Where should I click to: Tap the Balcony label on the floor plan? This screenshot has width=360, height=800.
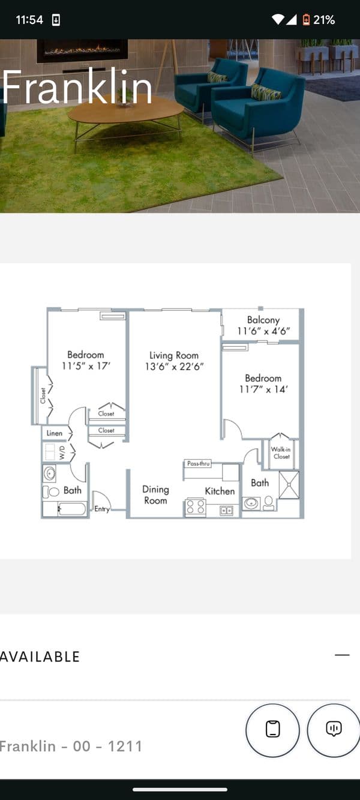pyautogui.click(x=263, y=320)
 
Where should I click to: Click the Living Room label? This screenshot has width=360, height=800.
pyautogui.click(x=174, y=355)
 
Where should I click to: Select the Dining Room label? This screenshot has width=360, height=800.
pyautogui.click(x=155, y=495)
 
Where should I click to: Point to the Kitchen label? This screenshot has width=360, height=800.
pyautogui.click(x=220, y=491)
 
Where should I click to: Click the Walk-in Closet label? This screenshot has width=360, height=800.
pyautogui.click(x=281, y=453)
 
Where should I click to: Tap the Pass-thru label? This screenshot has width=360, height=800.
pyautogui.click(x=198, y=463)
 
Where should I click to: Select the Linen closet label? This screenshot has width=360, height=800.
pyautogui.click(x=54, y=433)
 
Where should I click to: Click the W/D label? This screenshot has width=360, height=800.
pyautogui.click(x=62, y=453)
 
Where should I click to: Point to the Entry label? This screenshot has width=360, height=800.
pyautogui.click(x=102, y=509)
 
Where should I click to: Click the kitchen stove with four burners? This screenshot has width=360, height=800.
pyautogui.click(x=196, y=507)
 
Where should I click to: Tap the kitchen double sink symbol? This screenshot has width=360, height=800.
pyautogui.click(x=226, y=511)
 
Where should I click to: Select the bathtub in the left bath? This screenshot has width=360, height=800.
pyautogui.click(x=72, y=509)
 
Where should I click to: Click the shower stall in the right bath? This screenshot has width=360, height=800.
pyautogui.click(x=289, y=485)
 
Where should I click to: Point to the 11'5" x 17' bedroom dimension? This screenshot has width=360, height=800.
pyautogui.click(x=86, y=366)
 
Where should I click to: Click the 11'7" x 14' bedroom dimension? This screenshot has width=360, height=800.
pyautogui.click(x=263, y=389)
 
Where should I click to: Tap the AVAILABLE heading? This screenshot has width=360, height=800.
pyautogui.click(x=40, y=657)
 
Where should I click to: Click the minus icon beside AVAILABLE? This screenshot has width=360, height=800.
pyautogui.click(x=342, y=655)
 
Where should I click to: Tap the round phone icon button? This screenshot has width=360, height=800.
pyautogui.click(x=272, y=730)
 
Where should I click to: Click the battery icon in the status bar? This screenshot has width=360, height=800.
pyautogui.click(x=306, y=20)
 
